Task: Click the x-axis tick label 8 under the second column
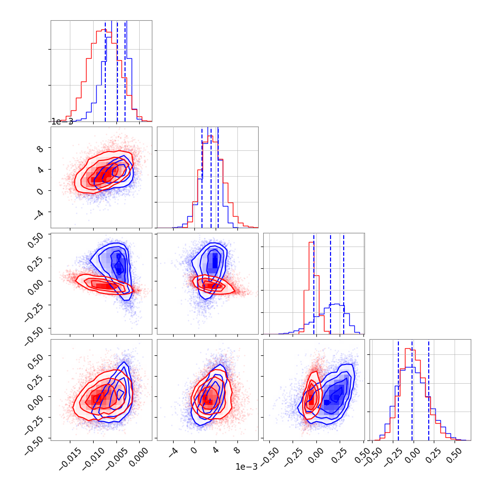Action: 237,451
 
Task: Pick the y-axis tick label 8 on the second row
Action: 40,149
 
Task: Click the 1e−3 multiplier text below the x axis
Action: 247,467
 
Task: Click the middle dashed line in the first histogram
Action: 117,71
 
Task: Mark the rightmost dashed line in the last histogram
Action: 429,390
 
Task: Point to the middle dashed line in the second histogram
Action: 211,178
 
